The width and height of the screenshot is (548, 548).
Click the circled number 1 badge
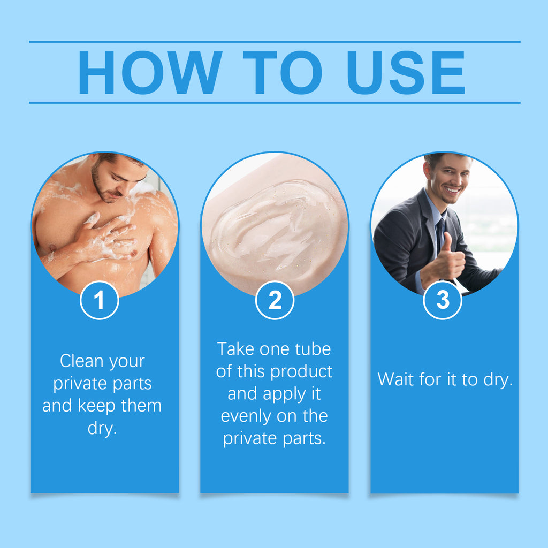[100, 301]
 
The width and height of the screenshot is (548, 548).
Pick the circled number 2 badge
[275, 301]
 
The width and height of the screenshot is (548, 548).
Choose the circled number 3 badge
[443, 301]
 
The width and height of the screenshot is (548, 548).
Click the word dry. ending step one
[102, 429]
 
